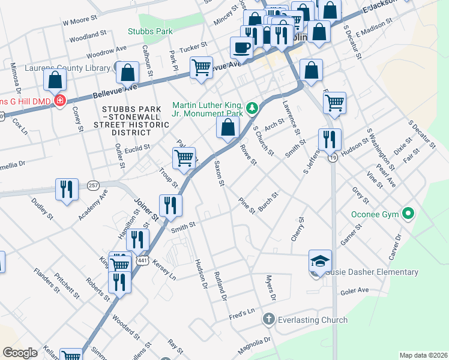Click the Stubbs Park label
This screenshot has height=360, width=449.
(150, 31)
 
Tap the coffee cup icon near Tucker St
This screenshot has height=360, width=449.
(242, 47)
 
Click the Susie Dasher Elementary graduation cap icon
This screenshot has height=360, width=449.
(321, 261)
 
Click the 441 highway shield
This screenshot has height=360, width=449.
(142, 260)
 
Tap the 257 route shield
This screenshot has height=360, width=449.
(92, 185)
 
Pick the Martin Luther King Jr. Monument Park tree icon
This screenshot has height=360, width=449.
(253, 108)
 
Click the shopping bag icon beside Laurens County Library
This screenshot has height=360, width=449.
(128, 72)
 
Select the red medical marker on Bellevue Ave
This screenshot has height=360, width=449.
(59, 101)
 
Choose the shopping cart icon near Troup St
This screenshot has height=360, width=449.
(184, 159)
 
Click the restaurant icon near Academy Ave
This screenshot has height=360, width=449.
(67, 189)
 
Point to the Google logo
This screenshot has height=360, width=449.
(20, 353)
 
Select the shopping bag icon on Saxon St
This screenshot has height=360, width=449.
(228, 127)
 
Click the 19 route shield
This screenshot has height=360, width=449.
(332, 157)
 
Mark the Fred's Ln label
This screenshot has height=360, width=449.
(242, 314)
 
